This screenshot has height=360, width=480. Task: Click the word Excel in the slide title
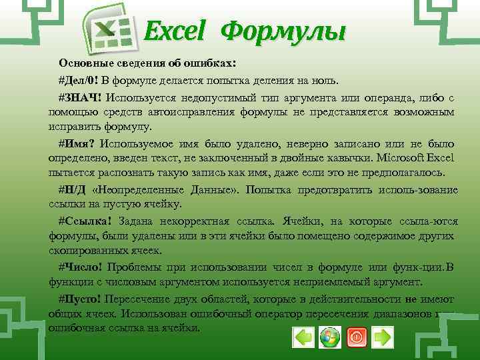(x=177, y=31)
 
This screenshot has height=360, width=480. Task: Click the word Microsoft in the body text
(x=401, y=159)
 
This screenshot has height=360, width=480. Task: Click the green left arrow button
(x=303, y=337)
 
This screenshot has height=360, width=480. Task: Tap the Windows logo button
(x=329, y=337)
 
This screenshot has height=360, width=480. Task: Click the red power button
(x=356, y=337)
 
